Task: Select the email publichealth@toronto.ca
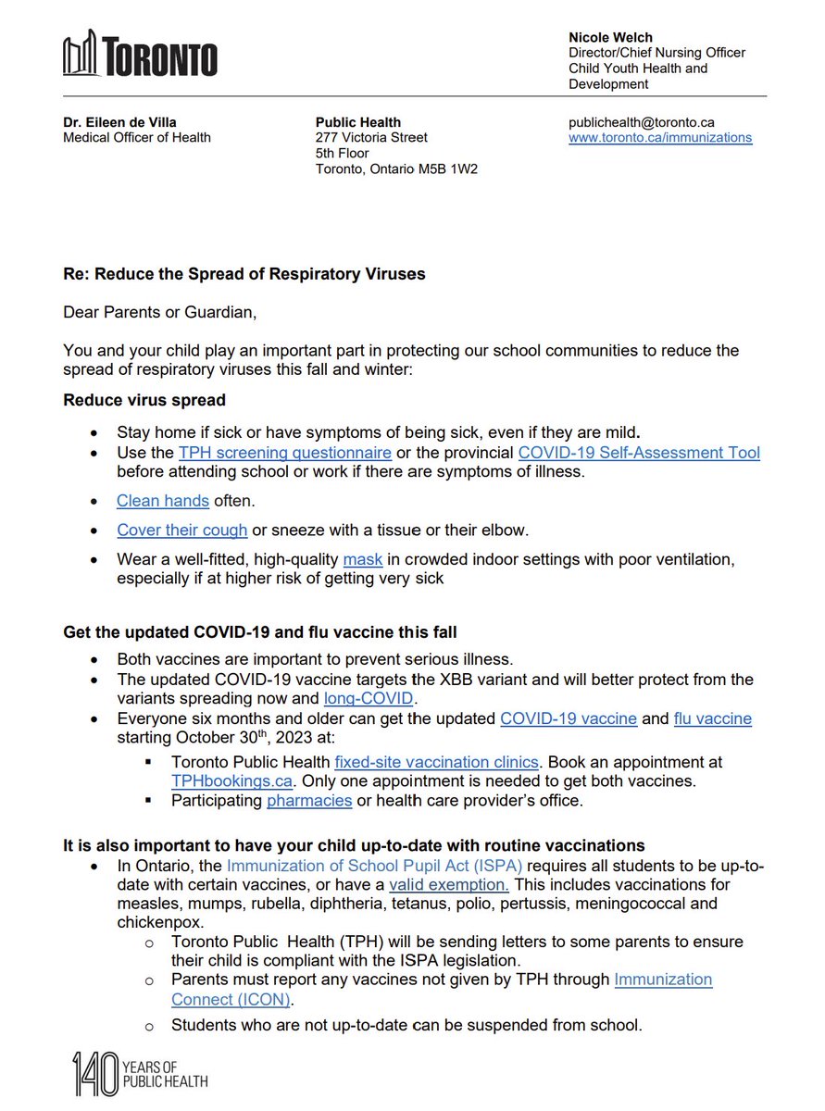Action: point(641,122)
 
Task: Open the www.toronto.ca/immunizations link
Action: point(659,138)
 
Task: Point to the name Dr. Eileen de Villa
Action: point(120,122)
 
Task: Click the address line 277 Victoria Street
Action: point(371,138)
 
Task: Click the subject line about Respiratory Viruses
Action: point(244,275)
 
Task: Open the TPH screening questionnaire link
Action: point(285,453)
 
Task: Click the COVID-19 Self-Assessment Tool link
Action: point(639,453)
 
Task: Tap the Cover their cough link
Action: point(181,531)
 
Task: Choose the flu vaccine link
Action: point(712,718)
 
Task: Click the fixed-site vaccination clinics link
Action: point(436,762)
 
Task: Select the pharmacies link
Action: point(309,801)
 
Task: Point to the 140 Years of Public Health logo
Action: point(140,1073)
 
